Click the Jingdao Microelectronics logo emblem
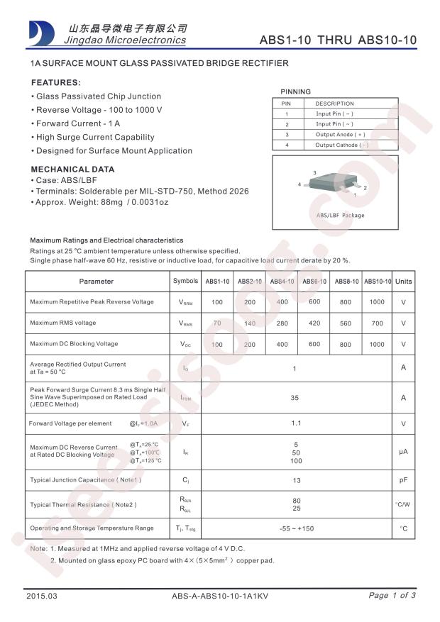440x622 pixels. (40, 33)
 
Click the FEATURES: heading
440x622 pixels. (56, 82)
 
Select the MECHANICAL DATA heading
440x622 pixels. (72, 170)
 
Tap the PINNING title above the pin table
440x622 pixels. (295, 91)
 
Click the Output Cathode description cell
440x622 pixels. (341, 145)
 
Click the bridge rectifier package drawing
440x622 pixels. (331, 185)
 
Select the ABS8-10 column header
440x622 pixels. (346, 282)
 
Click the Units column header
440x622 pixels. (403, 282)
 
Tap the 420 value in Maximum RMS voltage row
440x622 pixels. (314, 323)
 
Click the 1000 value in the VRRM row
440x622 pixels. (377, 301)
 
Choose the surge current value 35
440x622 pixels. (295, 398)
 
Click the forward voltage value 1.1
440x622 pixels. (295, 423)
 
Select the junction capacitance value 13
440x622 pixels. (295, 480)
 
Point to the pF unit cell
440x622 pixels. (403, 480)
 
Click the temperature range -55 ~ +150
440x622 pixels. (295, 528)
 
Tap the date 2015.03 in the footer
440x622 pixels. (40, 596)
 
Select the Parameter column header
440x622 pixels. (97, 282)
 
